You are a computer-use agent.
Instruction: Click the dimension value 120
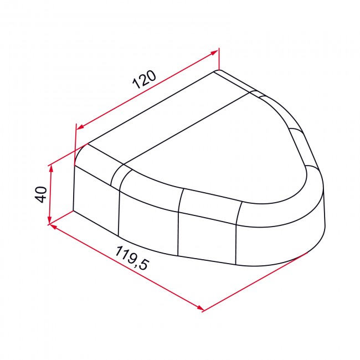pos(144,80)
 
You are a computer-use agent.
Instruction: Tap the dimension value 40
pos(40,194)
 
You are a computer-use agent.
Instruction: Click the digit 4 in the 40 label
pos(40,199)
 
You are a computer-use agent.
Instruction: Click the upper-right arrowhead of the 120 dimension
pos(215,53)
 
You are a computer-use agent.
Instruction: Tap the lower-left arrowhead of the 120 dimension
pos(78,127)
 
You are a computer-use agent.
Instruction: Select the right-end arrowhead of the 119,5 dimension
pos(201,309)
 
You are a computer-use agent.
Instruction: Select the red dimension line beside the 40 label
pos(50,194)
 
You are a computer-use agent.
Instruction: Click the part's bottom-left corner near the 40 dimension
pos(74,210)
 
